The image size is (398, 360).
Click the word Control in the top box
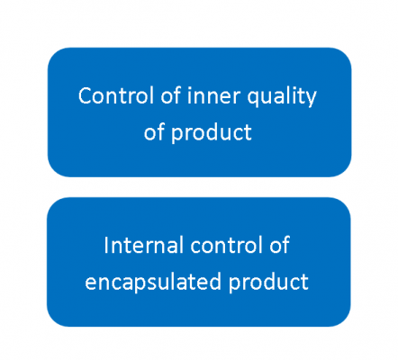(117, 95)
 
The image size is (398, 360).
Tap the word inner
(213, 95)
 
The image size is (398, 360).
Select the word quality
(282, 97)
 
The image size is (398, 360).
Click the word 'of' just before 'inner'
(171, 95)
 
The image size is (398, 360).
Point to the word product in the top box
(212, 133)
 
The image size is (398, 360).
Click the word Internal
(144, 245)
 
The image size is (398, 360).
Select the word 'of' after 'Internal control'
(279, 245)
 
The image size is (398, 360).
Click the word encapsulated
(153, 283)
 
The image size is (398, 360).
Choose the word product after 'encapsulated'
(268, 283)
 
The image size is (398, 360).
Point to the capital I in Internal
(106, 246)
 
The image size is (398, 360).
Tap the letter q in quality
(253, 99)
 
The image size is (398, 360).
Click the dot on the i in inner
(189, 88)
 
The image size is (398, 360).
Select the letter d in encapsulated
(215, 282)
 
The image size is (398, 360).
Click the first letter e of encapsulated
(91, 283)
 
